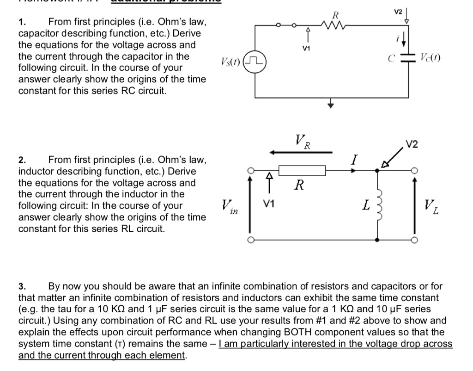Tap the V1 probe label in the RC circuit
coord(305,48)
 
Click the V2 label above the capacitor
coord(398,11)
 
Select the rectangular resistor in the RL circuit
coord(303,170)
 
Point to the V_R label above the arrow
coord(303,140)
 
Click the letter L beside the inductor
coord(365,205)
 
